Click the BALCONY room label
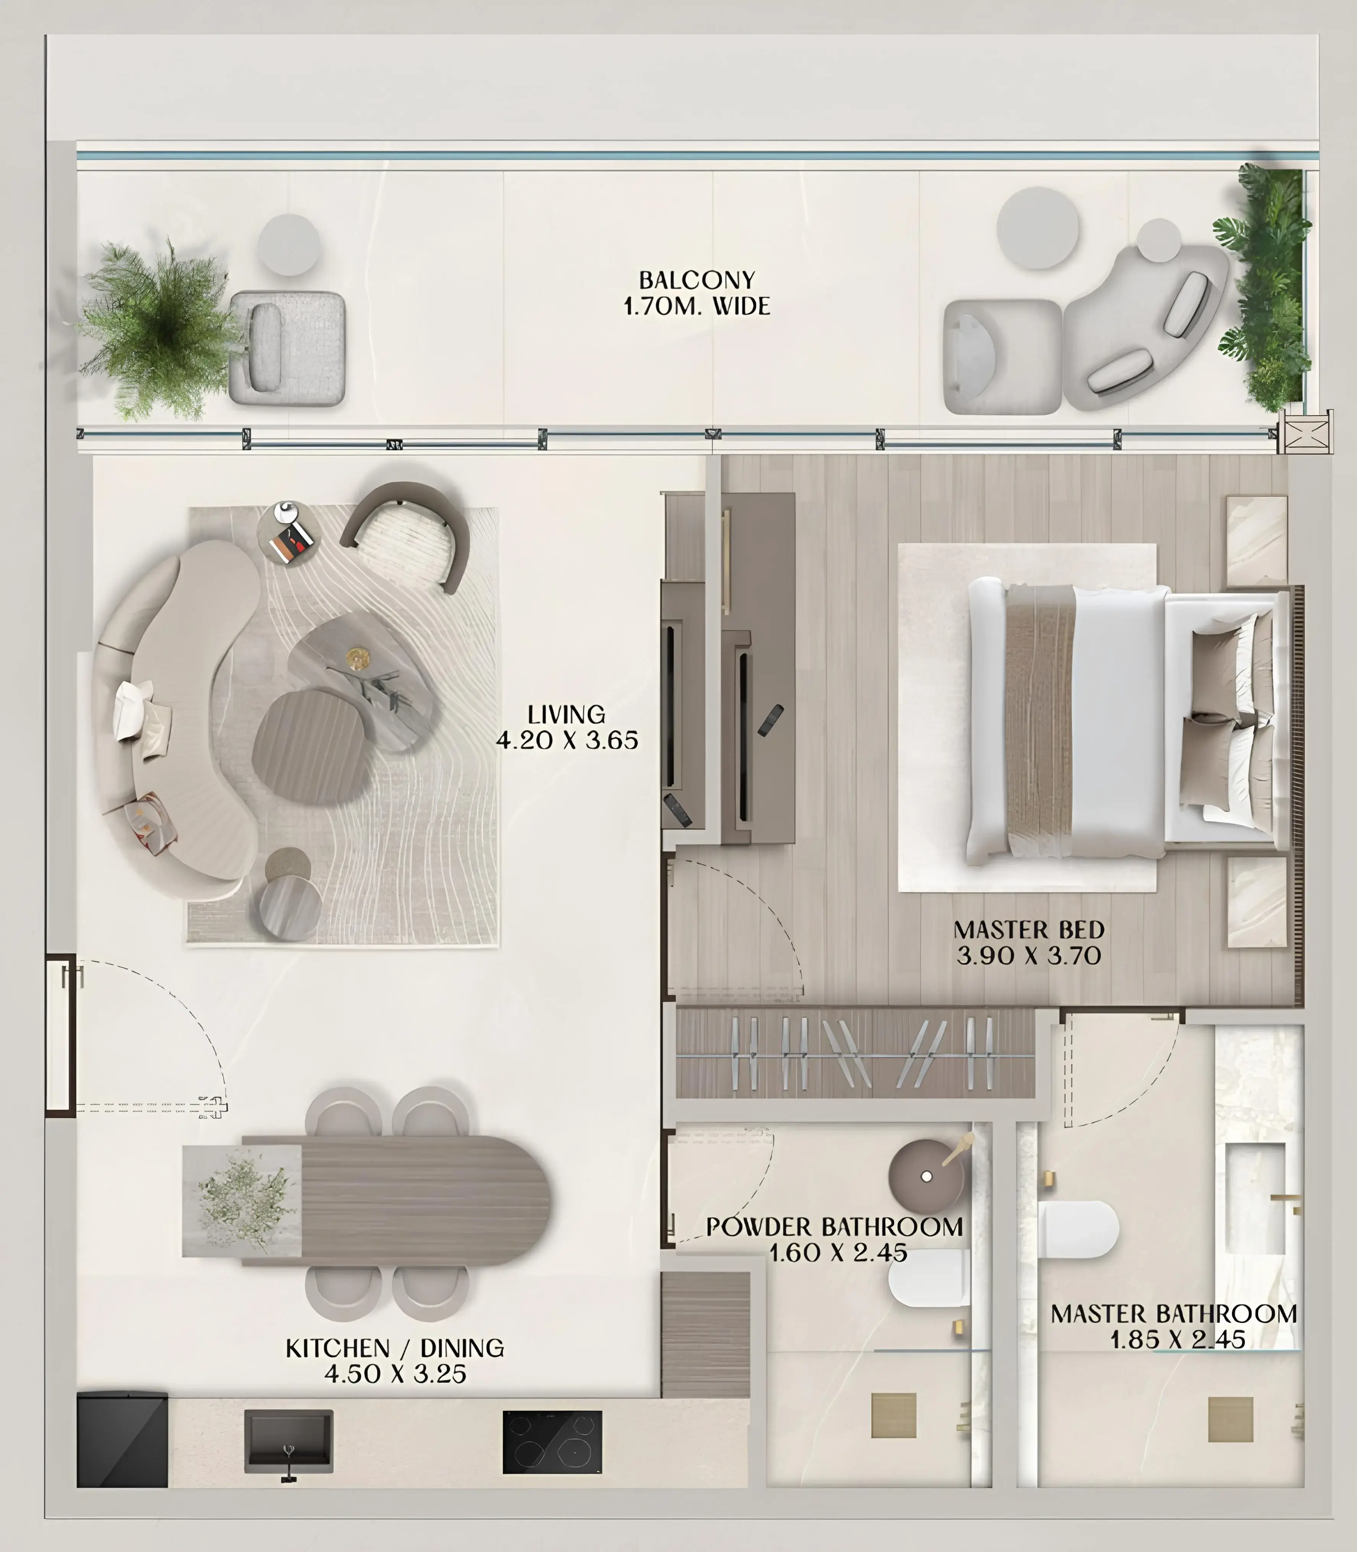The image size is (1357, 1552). click(x=697, y=280)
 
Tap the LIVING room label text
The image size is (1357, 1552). click(x=566, y=714)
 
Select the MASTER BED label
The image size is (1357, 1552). click(x=1028, y=929)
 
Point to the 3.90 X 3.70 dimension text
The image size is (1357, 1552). click(x=1028, y=956)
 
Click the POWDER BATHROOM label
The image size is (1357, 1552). click(x=835, y=1226)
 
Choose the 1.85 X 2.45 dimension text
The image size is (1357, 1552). click(x=1178, y=1340)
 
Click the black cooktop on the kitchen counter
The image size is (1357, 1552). click(x=552, y=1441)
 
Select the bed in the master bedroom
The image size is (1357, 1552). click(x=1121, y=723)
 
